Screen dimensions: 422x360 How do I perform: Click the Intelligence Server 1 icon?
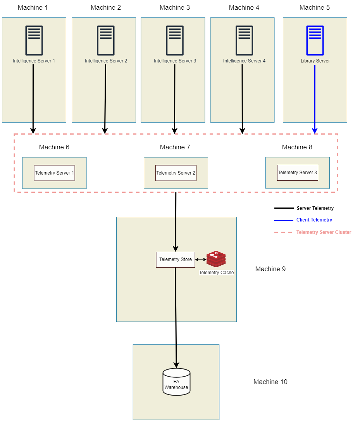click(34, 40)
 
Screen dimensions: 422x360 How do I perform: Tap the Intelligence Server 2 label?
click(106, 61)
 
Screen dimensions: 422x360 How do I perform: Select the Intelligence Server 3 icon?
click(175, 40)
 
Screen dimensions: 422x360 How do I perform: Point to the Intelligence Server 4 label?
click(244, 61)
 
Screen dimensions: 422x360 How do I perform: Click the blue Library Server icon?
click(315, 40)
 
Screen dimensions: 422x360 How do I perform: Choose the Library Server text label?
click(315, 61)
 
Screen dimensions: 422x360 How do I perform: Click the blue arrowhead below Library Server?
click(315, 130)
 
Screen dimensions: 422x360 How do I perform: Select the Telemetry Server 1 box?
click(54, 173)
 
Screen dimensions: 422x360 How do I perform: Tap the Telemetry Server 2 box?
click(176, 173)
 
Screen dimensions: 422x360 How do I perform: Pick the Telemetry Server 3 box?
click(297, 173)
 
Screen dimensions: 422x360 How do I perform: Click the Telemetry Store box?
click(176, 259)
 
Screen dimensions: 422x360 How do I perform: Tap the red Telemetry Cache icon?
click(216, 259)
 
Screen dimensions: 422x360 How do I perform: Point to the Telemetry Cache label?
click(216, 273)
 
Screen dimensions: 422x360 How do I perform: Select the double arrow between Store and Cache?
click(201, 259)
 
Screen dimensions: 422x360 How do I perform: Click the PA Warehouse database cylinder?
click(176, 382)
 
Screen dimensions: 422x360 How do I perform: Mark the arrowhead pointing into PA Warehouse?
click(176, 365)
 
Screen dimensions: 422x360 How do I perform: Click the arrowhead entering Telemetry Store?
click(176, 249)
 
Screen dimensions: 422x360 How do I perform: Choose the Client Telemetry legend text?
click(314, 220)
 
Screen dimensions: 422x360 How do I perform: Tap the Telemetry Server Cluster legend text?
click(324, 232)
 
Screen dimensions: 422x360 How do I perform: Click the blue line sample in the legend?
click(284, 220)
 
